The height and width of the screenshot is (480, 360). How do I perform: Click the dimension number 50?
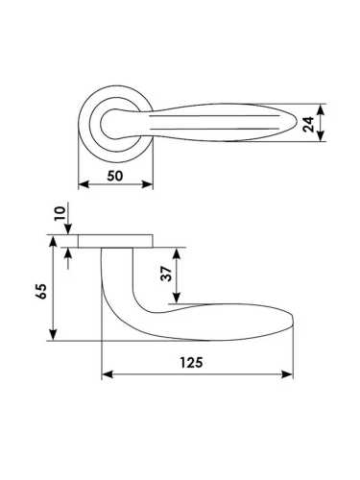[x=115, y=176]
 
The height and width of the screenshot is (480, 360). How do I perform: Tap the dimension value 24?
[x=309, y=124]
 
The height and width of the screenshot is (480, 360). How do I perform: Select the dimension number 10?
[x=60, y=213]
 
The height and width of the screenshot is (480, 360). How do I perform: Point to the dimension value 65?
[x=41, y=291]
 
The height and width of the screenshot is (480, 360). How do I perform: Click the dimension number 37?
[x=166, y=274]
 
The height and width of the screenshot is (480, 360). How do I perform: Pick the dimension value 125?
[x=191, y=363]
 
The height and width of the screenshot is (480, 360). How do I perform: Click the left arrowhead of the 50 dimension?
[x=84, y=184]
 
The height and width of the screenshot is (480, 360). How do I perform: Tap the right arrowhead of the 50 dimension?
[x=148, y=184]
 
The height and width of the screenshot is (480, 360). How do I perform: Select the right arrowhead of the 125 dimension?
[x=287, y=374]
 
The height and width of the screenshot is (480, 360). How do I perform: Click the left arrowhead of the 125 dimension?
[x=108, y=374]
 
